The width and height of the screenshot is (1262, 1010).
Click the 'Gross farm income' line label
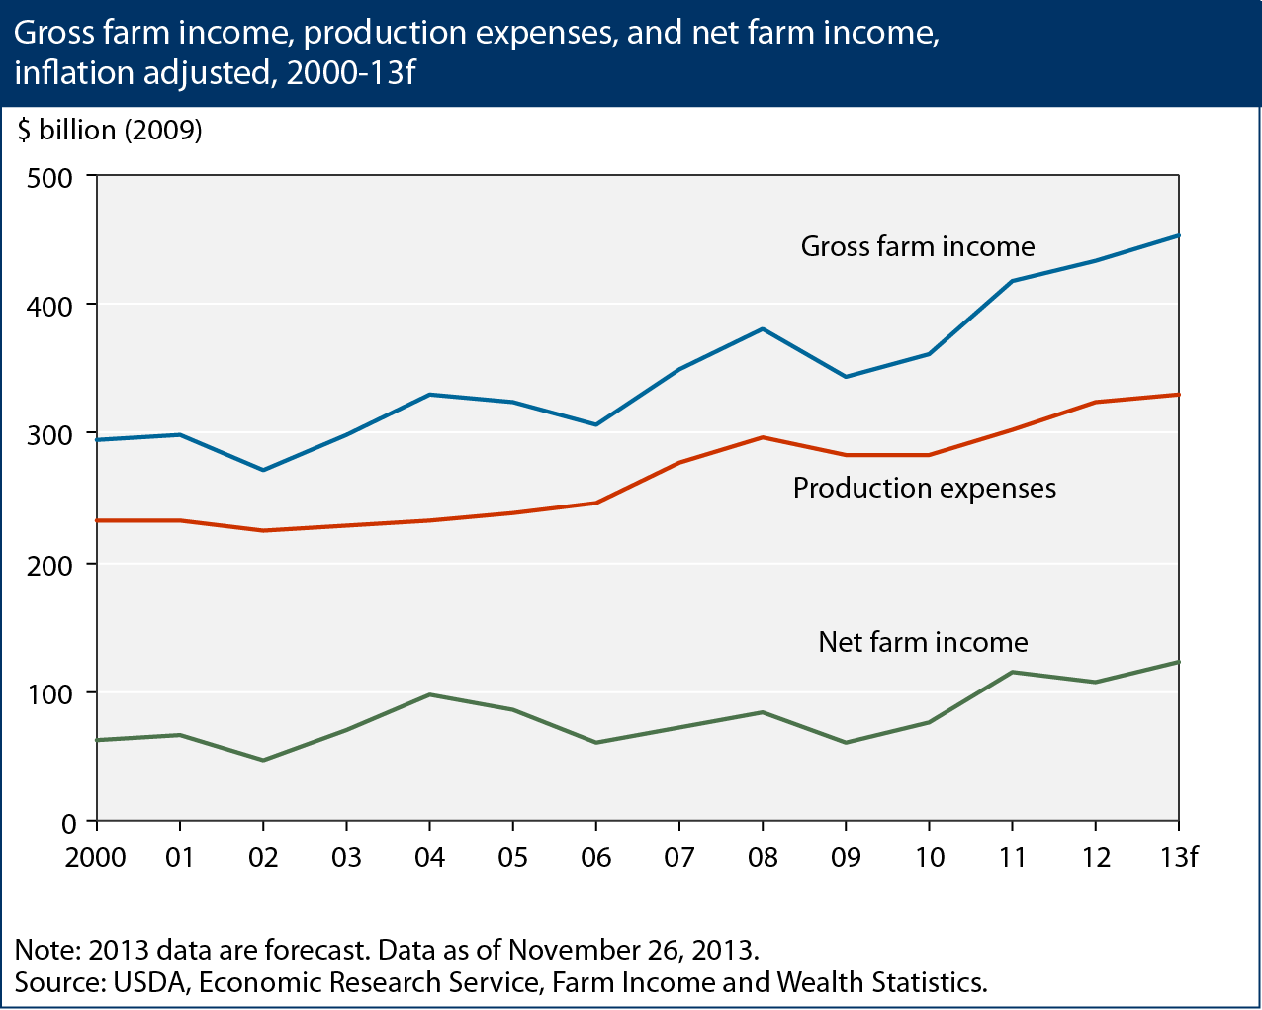pos(917,246)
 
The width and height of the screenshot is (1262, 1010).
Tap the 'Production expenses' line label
pos(924,488)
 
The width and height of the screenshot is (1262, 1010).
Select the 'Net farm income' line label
pos(923,642)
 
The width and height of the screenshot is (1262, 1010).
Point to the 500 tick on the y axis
pos(51,178)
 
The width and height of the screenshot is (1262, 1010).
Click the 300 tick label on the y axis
pos(51,435)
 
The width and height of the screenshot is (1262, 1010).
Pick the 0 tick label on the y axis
pos(69,823)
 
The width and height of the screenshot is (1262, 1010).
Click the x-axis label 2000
pos(96,857)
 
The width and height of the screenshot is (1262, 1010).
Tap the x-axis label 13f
pos(1177,857)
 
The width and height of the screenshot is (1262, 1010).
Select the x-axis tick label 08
pos(762,857)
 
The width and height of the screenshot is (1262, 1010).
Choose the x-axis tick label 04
pos(429,857)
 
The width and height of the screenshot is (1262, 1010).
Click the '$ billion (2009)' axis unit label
pos(109,130)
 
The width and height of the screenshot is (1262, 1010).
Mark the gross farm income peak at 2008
pos(763,328)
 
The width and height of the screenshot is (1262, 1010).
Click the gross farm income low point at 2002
pos(263,470)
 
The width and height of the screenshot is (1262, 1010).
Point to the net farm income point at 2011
pos(1012,673)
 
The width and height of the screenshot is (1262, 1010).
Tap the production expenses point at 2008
pos(763,437)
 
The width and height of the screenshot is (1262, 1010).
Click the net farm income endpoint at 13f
pos(1178,662)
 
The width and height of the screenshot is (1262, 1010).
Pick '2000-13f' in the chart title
pos(350,72)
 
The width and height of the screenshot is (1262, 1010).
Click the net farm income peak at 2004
pos(429,694)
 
